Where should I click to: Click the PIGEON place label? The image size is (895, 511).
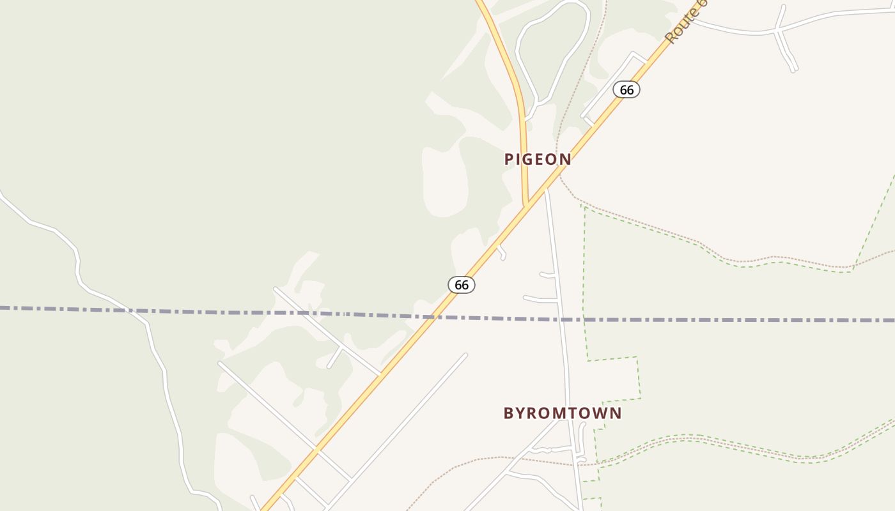pyautogui.click(x=538, y=160)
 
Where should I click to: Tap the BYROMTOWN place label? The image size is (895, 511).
pyautogui.click(x=562, y=413)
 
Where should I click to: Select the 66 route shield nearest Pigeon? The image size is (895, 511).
pyautogui.click(x=626, y=90)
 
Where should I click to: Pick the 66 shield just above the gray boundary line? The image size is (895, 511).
pyautogui.click(x=462, y=285)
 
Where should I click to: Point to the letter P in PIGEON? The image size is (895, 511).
pyautogui.click(x=510, y=160)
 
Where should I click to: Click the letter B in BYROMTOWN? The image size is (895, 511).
pyautogui.click(x=509, y=413)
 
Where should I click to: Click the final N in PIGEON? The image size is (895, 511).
pyautogui.click(x=566, y=160)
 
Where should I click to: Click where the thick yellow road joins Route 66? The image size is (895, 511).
pyautogui.click(x=526, y=206)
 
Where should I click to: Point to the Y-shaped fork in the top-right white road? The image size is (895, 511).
pyautogui.click(x=778, y=29)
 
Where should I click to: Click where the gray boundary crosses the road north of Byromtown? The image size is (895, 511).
pyautogui.click(x=561, y=319)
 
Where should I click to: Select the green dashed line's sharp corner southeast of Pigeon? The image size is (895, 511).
pyautogui.click(x=584, y=206)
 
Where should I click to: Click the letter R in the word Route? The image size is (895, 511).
pyautogui.click(x=671, y=39)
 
